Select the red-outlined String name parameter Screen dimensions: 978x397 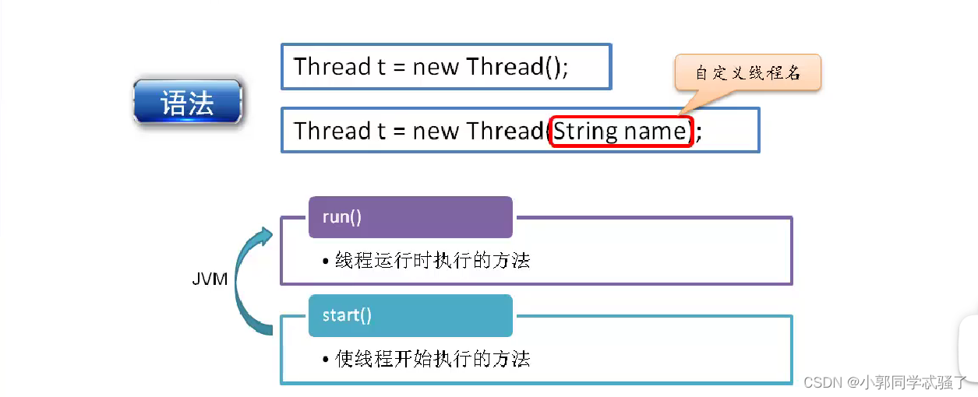(620, 131)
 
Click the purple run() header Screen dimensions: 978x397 (411, 217)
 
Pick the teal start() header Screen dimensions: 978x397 (411, 315)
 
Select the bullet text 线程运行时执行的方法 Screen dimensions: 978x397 (433, 261)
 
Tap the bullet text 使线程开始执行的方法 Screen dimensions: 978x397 (433, 359)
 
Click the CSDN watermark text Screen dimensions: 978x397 (884, 382)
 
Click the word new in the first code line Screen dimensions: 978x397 (436, 67)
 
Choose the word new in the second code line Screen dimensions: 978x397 (436, 131)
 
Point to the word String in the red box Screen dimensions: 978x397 (585, 131)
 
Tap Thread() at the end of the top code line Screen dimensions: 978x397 (514, 67)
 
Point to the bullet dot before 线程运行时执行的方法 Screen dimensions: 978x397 (325, 262)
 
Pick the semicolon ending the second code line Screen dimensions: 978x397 (699, 132)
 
